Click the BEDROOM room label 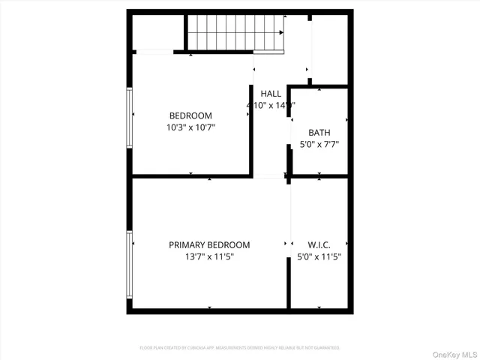coord(190,115)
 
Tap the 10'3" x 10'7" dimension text coord(190,127)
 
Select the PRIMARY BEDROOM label coord(209,245)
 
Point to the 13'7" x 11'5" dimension coord(209,257)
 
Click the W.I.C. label coord(319,245)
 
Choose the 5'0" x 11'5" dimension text coord(319,257)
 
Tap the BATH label coord(319,132)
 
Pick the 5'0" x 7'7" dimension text coord(319,144)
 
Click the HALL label coord(271,94)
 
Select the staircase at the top coord(235,32)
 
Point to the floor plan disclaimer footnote coord(240,348)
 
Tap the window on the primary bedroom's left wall coord(130,264)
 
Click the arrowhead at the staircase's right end coord(282,33)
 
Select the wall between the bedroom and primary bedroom coord(191,176)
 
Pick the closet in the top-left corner coord(157,32)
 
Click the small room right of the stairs coord(330,47)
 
